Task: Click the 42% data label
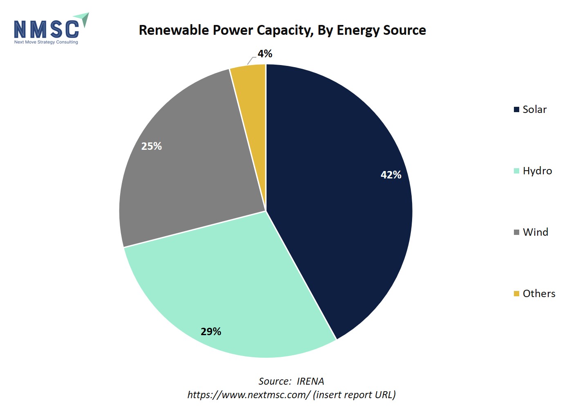point(391,175)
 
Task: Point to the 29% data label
point(211,331)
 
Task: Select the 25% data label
point(152,146)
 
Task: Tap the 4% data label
point(265,54)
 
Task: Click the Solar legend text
point(535,110)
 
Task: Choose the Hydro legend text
point(537,171)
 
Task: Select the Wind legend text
point(536,232)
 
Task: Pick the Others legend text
point(539,294)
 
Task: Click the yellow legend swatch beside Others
point(516,294)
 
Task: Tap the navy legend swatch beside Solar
point(516,110)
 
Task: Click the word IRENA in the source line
point(310,381)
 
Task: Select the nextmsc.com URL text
point(249,395)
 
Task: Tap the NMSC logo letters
point(47,29)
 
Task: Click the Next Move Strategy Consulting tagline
point(46,42)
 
